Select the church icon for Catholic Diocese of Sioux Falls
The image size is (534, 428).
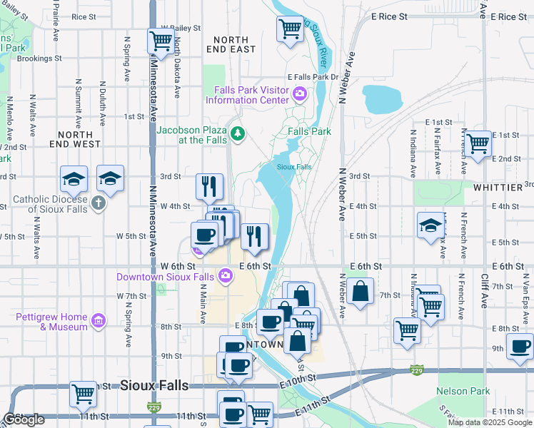coord(99,203)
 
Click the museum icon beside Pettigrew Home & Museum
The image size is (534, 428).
coord(98,321)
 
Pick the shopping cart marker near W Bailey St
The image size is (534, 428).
coord(161,40)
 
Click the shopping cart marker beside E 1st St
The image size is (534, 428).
coord(478,142)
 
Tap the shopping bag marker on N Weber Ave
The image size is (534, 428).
coord(361,290)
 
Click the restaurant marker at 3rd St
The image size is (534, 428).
coord(209,186)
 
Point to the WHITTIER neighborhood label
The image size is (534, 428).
coord(498,188)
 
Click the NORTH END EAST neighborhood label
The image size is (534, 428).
coord(233,44)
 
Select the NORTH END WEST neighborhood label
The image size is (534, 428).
coord(76,139)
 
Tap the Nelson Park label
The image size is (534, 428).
coord(463,391)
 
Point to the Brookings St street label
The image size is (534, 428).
coord(40,59)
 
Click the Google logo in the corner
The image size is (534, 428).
coord(24,419)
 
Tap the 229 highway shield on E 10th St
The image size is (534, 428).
coord(417,370)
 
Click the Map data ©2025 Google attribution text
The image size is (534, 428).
coord(490,422)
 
